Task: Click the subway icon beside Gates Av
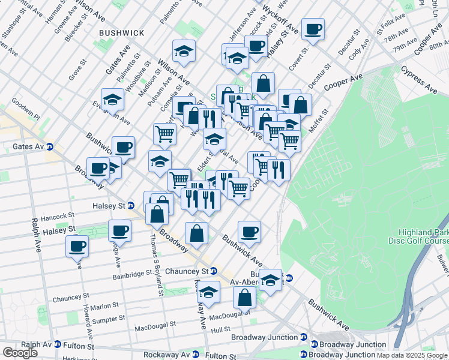click(x=50, y=146)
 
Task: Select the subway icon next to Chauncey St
click(x=213, y=271)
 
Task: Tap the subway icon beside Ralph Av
click(x=58, y=345)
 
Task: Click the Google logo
click(x=20, y=353)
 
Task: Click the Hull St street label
click(x=220, y=329)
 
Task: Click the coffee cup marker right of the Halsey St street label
click(x=119, y=230)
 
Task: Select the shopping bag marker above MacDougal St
click(x=245, y=297)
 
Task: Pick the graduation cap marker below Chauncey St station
click(x=209, y=292)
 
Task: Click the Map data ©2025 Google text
click(x=412, y=355)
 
